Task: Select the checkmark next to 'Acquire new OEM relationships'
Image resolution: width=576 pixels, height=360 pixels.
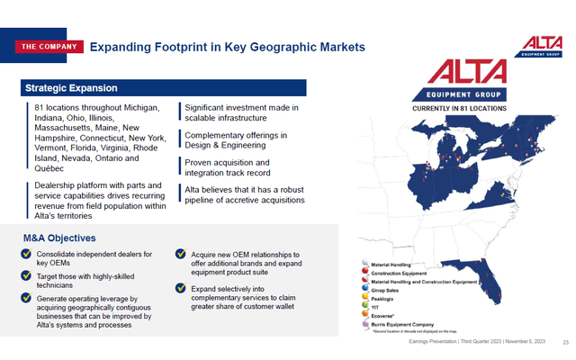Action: pyautogui.click(x=181, y=254)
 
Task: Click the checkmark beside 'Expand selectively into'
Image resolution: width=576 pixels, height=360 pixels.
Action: pyautogui.click(x=181, y=289)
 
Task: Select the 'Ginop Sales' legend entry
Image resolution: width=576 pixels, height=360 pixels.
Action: pyautogui.click(x=388, y=290)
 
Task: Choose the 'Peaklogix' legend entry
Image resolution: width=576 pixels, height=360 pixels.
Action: pyautogui.click(x=386, y=298)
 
